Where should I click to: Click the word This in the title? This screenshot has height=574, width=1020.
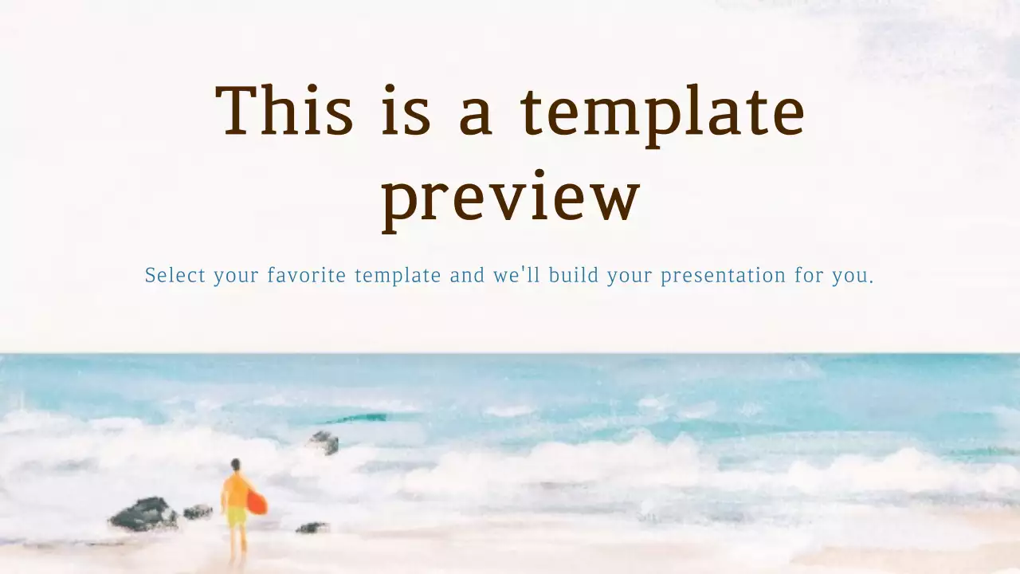(x=284, y=111)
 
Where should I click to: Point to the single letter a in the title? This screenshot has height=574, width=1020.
(x=476, y=116)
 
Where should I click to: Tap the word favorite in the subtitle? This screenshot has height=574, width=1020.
(x=306, y=276)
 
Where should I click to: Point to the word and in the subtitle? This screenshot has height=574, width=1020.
(x=467, y=276)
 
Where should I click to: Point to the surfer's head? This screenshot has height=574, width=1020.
(x=235, y=465)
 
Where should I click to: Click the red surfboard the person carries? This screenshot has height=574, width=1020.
(x=257, y=501)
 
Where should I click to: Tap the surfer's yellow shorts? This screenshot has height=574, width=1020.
(x=237, y=517)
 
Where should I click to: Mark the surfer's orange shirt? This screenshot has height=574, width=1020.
(x=236, y=489)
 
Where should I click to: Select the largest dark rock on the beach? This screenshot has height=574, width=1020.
(x=143, y=514)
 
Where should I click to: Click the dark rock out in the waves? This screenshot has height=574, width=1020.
(x=324, y=442)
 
